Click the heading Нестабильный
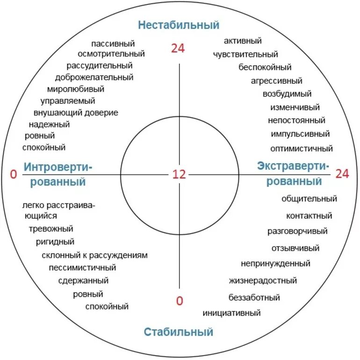179,25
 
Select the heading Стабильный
179,332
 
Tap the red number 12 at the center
179,174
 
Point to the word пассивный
113,43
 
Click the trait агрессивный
276,80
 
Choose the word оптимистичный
302,149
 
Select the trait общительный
309,199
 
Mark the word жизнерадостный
263,281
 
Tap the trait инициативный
231,313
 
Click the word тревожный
51,229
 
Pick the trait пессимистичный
82,268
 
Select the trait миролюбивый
76,89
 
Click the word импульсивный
300,134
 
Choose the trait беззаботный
254,297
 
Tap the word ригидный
55,242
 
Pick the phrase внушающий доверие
76,113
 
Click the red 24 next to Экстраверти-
342,174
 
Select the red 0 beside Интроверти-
14,174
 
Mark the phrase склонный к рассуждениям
94,255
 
